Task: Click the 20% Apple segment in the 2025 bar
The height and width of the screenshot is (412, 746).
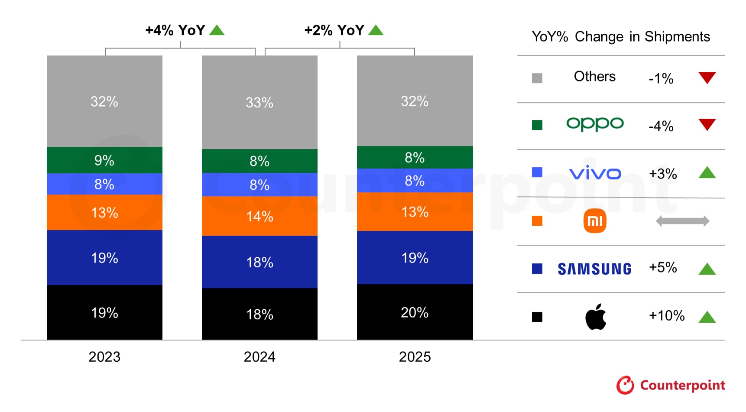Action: click(415, 312)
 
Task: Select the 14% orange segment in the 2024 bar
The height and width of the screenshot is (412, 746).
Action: click(259, 216)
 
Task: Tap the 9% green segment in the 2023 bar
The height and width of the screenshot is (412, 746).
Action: click(104, 160)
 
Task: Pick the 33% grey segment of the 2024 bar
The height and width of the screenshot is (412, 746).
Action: click(259, 103)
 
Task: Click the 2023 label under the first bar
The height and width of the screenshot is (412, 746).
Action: click(104, 357)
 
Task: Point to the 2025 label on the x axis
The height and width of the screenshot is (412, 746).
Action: click(415, 357)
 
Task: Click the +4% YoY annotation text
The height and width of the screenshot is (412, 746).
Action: click(175, 30)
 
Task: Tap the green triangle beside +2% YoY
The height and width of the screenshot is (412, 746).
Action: click(376, 30)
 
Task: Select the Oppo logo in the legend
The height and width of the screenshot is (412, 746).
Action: click(595, 124)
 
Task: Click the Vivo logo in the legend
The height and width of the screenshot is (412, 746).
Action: click(595, 173)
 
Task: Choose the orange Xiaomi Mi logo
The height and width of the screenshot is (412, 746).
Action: click(595, 221)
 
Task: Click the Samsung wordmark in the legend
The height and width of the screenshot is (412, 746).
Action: click(594, 269)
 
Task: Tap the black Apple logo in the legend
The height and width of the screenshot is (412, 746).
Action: click(596, 317)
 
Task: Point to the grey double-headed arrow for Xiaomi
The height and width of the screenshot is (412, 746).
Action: click(682, 221)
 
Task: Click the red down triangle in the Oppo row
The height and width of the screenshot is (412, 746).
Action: click(707, 124)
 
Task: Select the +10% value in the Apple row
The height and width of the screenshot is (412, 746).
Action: click(666, 315)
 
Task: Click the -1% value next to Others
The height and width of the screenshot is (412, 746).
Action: click(661, 78)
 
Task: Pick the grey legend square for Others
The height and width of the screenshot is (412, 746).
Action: click(537, 78)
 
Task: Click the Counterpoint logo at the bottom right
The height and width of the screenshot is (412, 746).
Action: click(670, 385)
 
